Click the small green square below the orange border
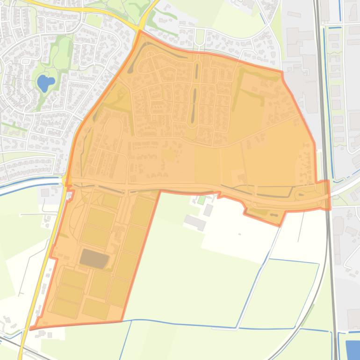[202, 200]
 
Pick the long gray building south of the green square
[195, 222]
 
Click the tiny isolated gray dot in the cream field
[239, 234]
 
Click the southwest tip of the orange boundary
[31, 329]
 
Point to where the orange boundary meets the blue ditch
[122, 321]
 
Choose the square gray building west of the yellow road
[45, 193]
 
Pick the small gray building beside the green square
[208, 210]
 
